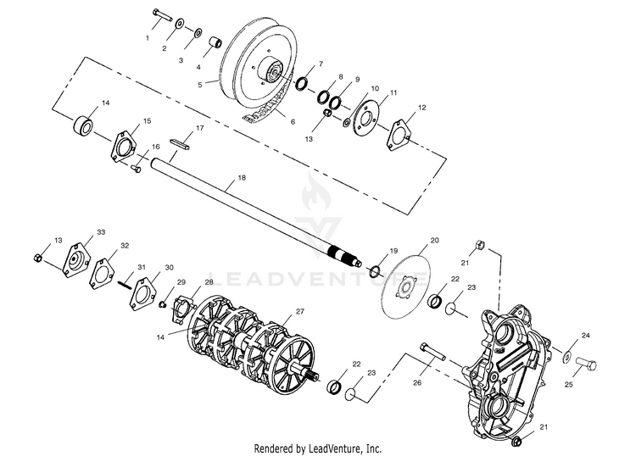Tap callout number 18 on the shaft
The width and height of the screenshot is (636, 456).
tap(242, 180)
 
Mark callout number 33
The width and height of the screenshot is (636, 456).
tap(101, 232)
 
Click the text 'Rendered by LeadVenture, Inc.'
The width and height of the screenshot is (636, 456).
tap(318, 447)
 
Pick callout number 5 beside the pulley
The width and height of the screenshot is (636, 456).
tap(200, 84)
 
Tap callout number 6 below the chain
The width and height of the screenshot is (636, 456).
tap(293, 122)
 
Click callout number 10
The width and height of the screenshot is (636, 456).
tap(375, 87)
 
